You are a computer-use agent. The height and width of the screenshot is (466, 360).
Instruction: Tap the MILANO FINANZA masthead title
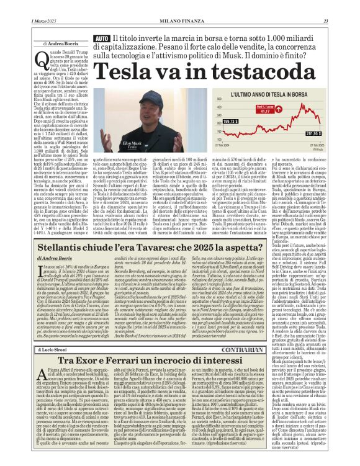tap(179, 6)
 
